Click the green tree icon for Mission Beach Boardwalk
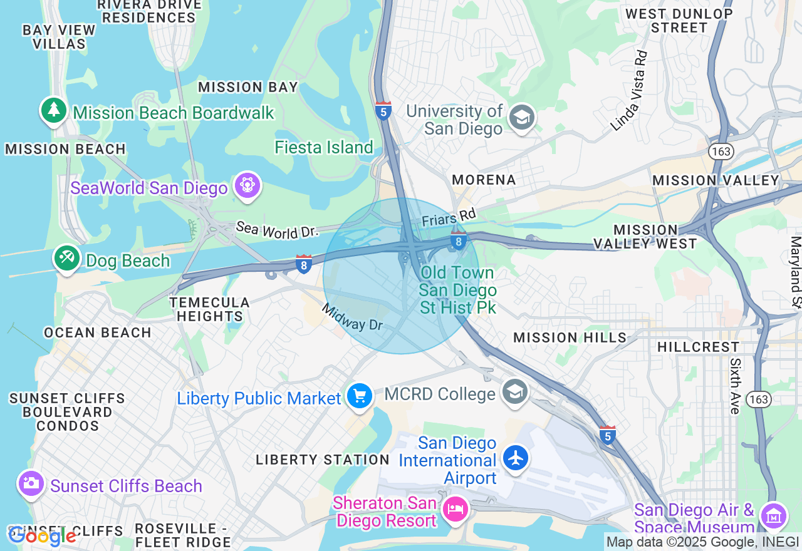[54, 110]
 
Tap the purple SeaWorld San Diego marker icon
[247, 185]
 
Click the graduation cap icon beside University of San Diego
[521, 117]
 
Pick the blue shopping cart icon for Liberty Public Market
[360, 396]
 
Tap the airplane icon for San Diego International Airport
[516, 458]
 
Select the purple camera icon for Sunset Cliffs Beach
[31, 483]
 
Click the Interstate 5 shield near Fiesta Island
[383, 111]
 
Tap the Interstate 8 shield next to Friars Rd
[459, 240]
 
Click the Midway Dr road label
[352, 317]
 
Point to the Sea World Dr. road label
[277, 229]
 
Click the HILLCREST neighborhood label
[698, 347]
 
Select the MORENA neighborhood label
[484, 180]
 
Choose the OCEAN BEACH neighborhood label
[98, 332]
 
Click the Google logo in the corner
[41, 535]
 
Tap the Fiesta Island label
[324, 148]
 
